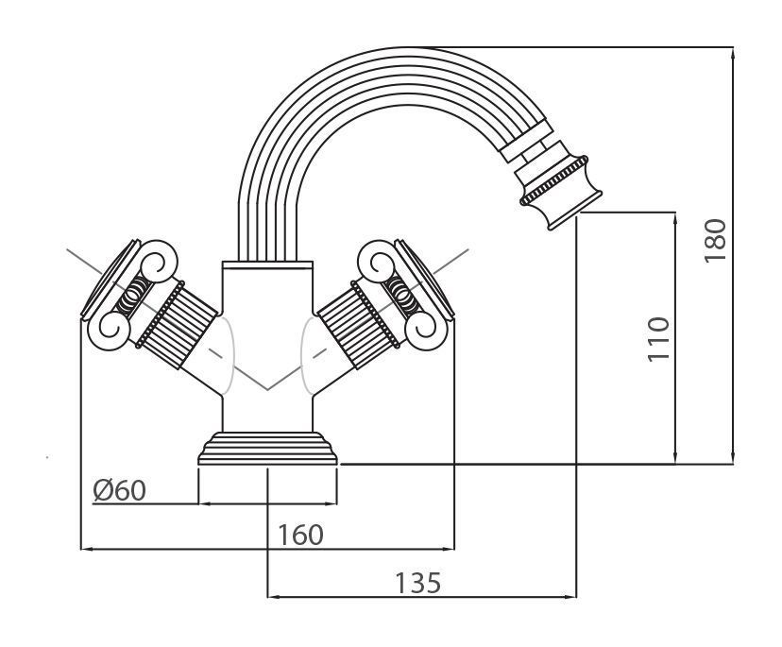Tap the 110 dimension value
658,339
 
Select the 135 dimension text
418,583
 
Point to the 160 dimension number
300,536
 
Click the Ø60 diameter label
119,490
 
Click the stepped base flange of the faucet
268,448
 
